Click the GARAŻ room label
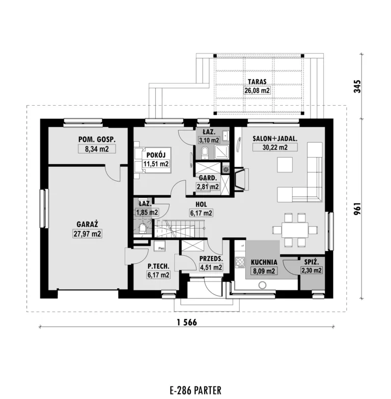tap(87, 225)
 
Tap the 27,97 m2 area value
tap(87, 234)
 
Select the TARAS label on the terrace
tap(257, 82)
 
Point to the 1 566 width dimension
tap(187, 322)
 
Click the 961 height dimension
tap(357, 209)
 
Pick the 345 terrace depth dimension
tap(357, 86)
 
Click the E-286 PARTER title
tap(195, 390)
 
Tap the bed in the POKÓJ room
tap(152, 160)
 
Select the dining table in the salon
tap(295, 230)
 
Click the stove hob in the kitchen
tap(240, 262)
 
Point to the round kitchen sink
tap(262, 285)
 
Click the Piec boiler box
tap(160, 246)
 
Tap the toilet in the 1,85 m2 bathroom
tap(142, 229)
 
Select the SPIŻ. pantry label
tap(311, 262)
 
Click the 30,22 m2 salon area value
tap(275, 147)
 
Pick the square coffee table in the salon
tap(285, 165)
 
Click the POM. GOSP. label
tap(97, 139)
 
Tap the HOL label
tap(201, 204)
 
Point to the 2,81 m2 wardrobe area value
tap(208, 187)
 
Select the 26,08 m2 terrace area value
tap(257, 90)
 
